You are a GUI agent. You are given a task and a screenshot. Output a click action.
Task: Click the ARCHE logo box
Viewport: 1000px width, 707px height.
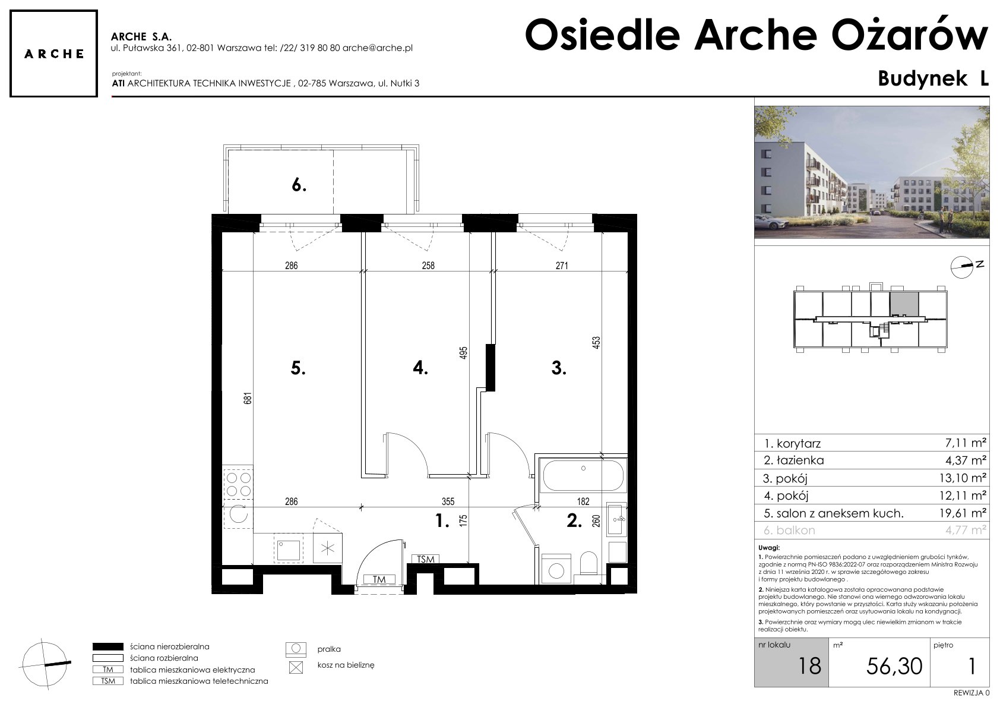(x=53, y=53)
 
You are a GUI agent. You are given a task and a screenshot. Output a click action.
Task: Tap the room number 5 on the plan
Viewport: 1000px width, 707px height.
(x=298, y=368)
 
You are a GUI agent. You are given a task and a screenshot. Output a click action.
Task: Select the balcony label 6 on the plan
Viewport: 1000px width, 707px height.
(x=299, y=184)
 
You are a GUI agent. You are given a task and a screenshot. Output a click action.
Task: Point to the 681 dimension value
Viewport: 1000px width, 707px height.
(x=248, y=398)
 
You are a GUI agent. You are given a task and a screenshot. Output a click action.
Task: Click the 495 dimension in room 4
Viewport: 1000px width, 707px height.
(x=463, y=353)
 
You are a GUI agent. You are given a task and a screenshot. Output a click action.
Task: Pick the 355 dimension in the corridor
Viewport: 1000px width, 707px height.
(x=448, y=501)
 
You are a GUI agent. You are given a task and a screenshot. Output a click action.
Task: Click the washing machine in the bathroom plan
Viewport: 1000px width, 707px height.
(x=556, y=569)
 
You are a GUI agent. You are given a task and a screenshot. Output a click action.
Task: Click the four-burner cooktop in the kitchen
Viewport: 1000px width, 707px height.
(x=238, y=484)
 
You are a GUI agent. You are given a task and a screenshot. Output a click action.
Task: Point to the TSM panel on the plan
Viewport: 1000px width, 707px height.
(x=425, y=559)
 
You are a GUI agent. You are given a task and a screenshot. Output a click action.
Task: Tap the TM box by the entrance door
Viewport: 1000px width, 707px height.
(x=379, y=579)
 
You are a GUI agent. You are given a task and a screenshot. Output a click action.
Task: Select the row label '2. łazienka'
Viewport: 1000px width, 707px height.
(x=793, y=460)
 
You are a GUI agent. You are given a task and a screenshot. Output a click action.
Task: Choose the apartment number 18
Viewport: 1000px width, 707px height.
(x=809, y=666)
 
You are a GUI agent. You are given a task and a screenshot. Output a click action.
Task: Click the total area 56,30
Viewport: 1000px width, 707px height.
(x=894, y=667)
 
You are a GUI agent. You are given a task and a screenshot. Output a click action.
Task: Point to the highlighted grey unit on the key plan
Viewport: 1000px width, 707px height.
(x=904, y=304)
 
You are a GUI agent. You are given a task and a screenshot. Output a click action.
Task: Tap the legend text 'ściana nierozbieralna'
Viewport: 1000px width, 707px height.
(x=170, y=646)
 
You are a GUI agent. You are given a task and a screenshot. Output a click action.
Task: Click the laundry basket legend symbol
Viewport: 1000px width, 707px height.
(x=296, y=667)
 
